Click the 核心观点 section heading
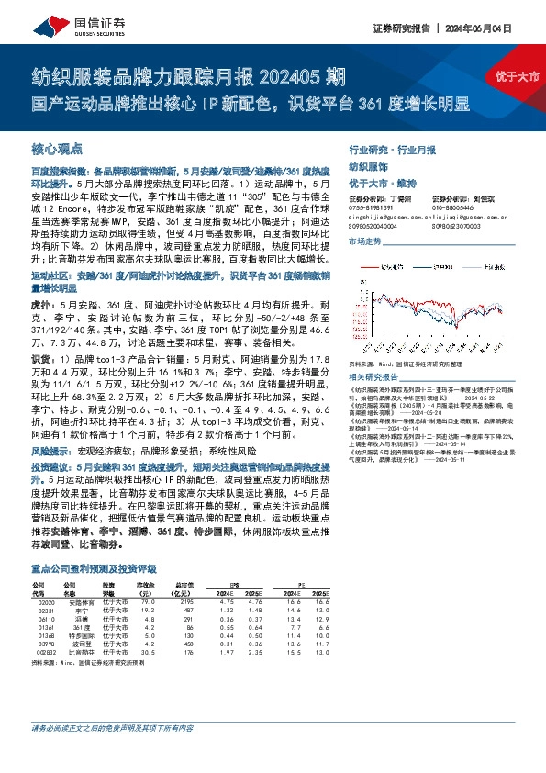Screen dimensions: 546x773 tap(56, 149)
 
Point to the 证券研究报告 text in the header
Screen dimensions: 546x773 tap(403, 27)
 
